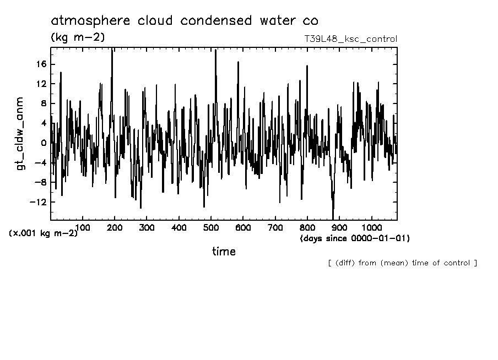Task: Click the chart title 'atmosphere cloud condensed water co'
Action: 185,21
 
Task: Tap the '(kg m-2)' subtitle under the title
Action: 78,37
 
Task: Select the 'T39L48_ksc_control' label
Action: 350,39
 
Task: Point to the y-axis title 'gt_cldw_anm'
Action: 21,133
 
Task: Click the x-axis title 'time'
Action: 224,252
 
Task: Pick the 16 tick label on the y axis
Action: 42,64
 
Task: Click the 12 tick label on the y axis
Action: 42,84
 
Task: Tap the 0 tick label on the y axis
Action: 44,143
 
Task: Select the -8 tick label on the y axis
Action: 42,182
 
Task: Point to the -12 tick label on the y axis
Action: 39,202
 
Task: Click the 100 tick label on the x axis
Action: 83,227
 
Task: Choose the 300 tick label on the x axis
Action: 147,227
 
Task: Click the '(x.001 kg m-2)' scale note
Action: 44,233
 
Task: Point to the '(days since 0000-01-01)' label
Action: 355,238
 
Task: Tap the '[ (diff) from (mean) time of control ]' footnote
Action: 402,263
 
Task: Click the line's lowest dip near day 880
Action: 333,218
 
